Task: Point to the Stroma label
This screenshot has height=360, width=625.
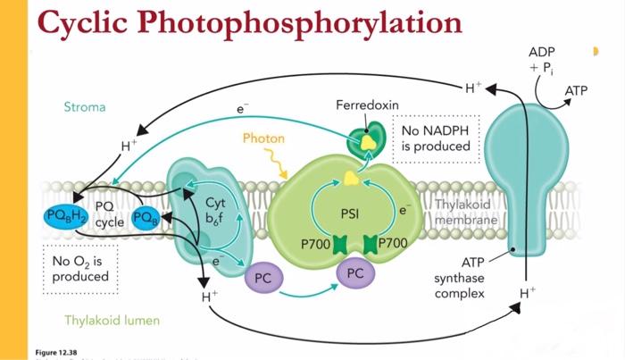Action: (85, 107)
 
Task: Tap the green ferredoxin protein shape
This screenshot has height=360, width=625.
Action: (363, 143)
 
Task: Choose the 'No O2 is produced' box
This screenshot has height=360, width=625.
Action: (79, 268)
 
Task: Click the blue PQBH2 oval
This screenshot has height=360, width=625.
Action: (62, 216)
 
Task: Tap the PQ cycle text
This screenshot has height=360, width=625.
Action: (111, 214)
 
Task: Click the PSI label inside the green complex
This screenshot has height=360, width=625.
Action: (351, 214)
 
